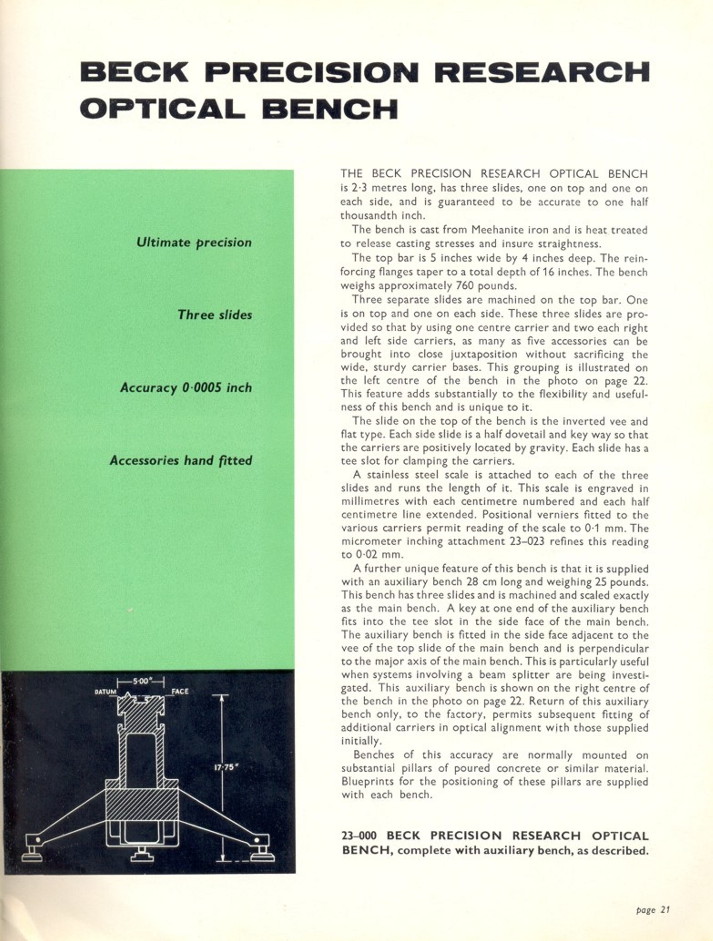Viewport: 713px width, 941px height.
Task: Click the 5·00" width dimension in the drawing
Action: click(x=140, y=682)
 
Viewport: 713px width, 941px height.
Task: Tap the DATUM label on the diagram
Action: click(x=105, y=692)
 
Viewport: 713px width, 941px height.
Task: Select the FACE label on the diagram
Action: click(x=180, y=691)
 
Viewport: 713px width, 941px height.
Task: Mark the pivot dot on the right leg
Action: click(x=257, y=839)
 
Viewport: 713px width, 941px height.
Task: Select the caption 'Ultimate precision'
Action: click(x=194, y=242)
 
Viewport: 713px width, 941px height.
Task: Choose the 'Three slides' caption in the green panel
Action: click(x=214, y=315)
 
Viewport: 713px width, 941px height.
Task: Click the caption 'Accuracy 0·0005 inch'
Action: click(x=186, y=388)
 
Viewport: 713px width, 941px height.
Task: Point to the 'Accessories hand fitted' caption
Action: click(x=181, y=460)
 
